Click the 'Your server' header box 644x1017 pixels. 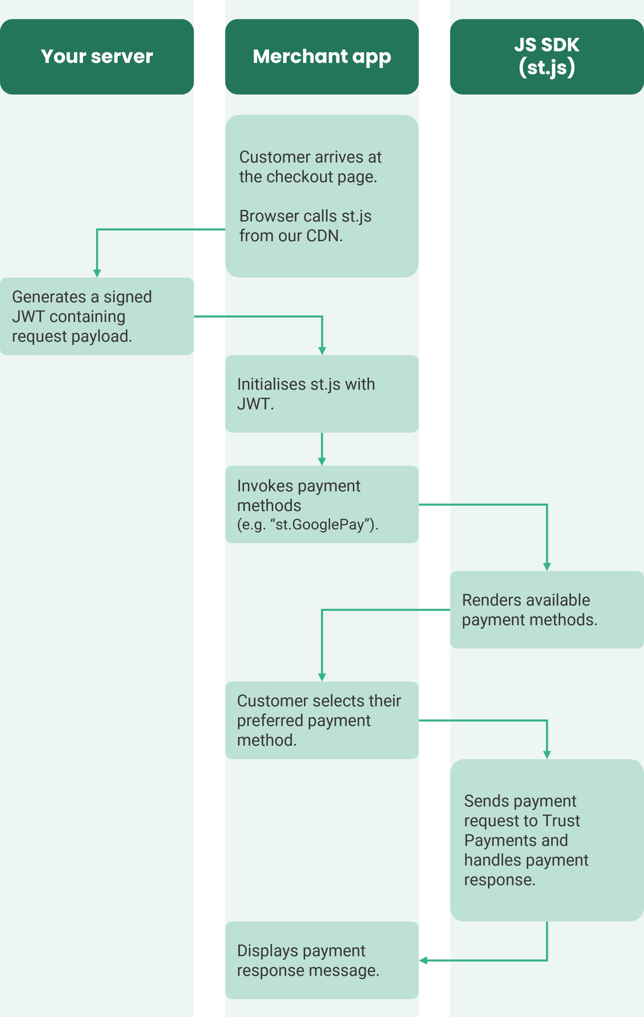97,56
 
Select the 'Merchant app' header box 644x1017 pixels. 322,56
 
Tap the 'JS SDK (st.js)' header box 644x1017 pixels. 546,56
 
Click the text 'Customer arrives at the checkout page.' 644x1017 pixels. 310,167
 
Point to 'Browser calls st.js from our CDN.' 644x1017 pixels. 305,226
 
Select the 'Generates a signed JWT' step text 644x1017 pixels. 82,316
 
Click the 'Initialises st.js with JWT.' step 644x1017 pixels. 306,394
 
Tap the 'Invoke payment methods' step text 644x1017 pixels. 299,495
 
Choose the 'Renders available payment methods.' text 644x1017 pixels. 529,610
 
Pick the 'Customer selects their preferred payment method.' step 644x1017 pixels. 318,720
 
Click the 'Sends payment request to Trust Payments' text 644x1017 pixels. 526,840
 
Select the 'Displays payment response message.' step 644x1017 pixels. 308,960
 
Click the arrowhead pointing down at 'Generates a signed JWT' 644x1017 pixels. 97,273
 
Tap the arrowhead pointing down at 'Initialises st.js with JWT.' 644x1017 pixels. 322,351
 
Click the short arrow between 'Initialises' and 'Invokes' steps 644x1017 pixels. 322,450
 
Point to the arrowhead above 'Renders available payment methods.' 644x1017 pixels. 547,566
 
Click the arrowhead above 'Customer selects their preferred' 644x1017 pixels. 322,678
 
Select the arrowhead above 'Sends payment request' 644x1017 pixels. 547,755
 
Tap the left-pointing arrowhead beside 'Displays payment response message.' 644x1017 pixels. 424,960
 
